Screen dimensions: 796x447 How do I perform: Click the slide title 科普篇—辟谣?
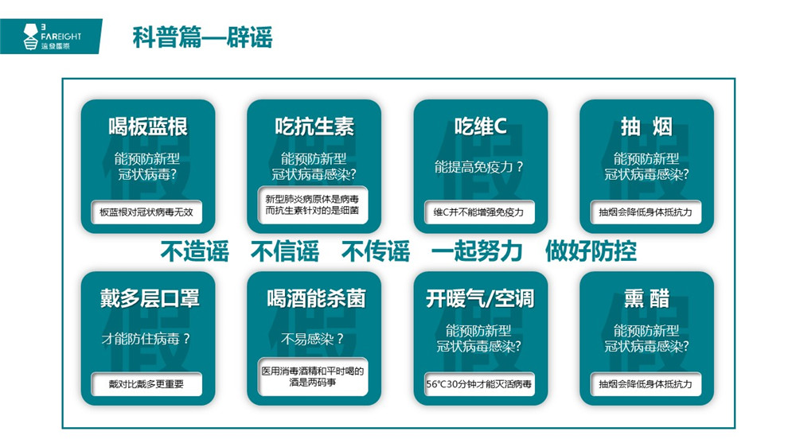(x=202, y=37)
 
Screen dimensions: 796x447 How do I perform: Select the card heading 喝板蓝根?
(x=148, y=126)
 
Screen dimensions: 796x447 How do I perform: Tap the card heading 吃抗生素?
(x=314, y=126)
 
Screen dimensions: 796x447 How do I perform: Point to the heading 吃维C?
(x=480, y=126)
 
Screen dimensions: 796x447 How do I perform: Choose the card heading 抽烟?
(x=646, y=126)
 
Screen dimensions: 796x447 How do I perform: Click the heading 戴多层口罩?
(x=150, y=298)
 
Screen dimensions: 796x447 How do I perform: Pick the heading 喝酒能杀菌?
(x=316, y=298)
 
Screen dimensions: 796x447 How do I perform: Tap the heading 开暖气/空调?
(x=480, y=298)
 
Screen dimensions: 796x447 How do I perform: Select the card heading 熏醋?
(x=646, y=298)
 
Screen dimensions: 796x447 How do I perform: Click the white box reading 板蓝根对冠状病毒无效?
(x=146, y=212)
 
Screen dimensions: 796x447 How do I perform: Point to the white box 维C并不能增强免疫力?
(x=479, y=212)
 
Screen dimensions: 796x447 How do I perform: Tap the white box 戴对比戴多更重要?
(x=146, y=384)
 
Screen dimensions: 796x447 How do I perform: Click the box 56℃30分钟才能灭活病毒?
(x=479, y=384)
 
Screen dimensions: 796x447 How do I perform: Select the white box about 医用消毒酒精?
(x=313, y=376)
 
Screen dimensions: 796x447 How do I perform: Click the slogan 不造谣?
(x=194, y=251)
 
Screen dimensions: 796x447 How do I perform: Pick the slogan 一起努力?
(x=477, y=251)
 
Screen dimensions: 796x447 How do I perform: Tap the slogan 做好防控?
(x=591, y=251)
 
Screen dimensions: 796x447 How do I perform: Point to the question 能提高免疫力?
(x=478, y=167)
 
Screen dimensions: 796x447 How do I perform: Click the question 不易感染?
(x=313, y=338)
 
